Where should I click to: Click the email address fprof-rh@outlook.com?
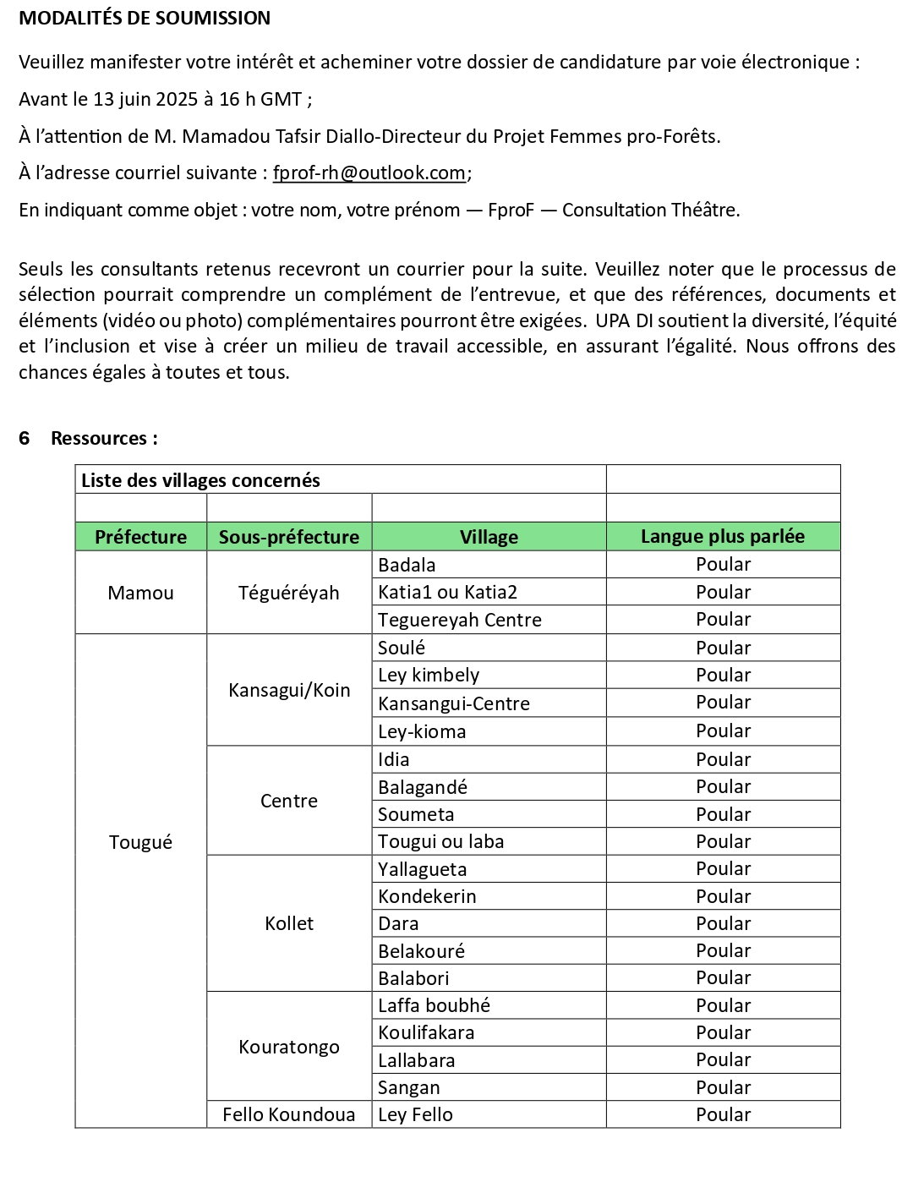tap(369, 172)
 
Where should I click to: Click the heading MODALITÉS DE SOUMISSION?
tap(145, 18)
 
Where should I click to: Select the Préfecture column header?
tap(140, 537)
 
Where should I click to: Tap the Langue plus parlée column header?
tap(723, 537)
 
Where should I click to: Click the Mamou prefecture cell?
tap(140, 593)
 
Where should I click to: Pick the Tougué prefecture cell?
tap(140, 842)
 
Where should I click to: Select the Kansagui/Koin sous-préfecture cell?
tap(289, 690)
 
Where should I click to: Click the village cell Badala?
tap(407, 565)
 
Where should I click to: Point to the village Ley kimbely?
tap(429, 675)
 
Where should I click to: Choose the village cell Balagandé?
tap(423, 787)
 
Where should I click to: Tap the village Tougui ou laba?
tap(440, 841)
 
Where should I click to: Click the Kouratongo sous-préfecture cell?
tap(289, 1047)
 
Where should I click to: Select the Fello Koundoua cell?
tap(289, 1114)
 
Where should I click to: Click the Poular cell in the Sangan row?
tap(723, 1087)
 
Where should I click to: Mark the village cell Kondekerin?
tap(427, 896)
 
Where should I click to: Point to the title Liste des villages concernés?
tap(200, 480)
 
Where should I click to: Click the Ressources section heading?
tap(104, 438)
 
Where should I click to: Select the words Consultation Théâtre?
tap(650, 210)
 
